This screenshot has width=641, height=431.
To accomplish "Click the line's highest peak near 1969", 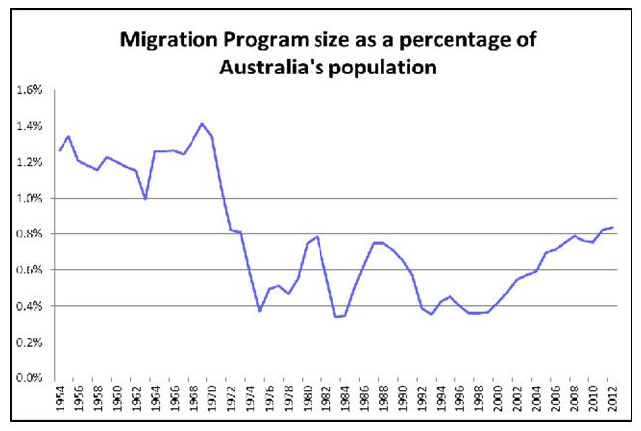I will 202,124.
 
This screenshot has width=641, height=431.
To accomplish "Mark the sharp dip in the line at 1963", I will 146,199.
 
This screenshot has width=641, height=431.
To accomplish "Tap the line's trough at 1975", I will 260,311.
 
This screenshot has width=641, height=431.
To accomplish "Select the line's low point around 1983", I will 336,317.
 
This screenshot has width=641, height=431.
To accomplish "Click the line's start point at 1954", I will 60,151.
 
